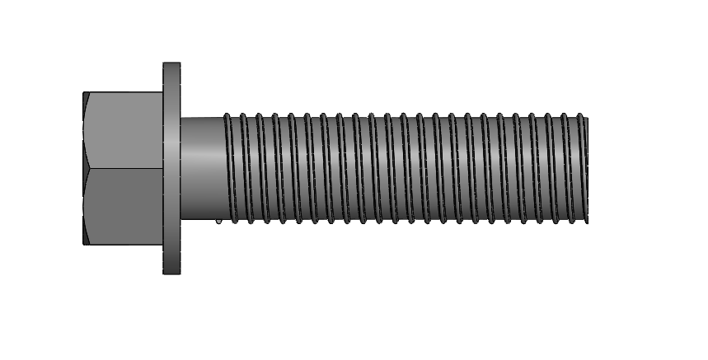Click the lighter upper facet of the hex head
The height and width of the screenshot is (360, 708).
click(124, 130)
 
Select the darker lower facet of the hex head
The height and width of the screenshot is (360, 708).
click(124, 206)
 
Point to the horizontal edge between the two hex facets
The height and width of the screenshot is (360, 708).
click(124, 169)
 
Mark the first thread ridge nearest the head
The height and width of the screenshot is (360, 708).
click(228, 168)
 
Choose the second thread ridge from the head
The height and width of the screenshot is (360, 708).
click(245, 168)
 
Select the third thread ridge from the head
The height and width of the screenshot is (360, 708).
click(260, 168)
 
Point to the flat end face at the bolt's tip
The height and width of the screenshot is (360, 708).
click(587, 168)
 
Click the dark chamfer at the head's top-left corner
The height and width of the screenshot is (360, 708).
click(86, 98)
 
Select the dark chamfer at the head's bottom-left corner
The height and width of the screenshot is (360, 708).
click(86, 238)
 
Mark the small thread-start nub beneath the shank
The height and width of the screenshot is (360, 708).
click(218, 221)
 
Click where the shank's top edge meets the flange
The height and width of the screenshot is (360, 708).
click(181, 119)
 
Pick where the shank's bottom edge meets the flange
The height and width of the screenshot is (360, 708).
click(181, 218)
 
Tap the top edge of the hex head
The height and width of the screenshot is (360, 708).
click(124, 92)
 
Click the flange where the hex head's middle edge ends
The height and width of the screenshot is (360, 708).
click(165, 169)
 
